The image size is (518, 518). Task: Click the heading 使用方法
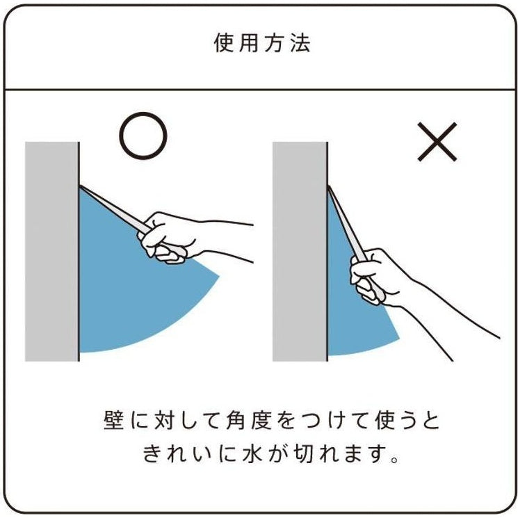262,43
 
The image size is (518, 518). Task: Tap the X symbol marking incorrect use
437,142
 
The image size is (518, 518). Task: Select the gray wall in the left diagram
52,252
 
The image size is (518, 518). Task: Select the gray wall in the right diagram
300,252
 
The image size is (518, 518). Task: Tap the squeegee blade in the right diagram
346,225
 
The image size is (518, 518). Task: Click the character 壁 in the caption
113,420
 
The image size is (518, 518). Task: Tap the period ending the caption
394,459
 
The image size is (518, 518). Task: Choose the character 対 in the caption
164,420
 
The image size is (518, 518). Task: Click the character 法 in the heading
300,43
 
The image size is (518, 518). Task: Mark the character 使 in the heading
224,43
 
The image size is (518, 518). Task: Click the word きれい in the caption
176,453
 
